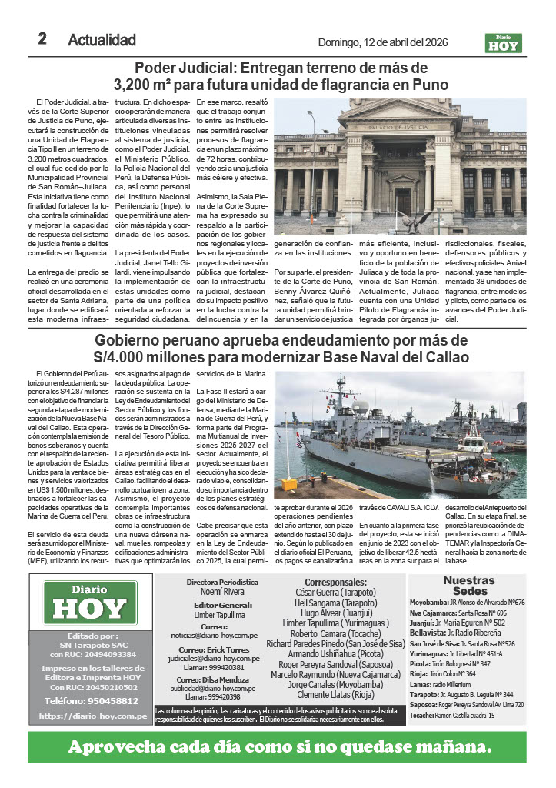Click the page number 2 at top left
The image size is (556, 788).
point(43,39)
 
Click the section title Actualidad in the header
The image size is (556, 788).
point(102,40)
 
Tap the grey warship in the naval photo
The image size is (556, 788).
point(400,454)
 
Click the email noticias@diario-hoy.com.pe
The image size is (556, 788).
point(225,636)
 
